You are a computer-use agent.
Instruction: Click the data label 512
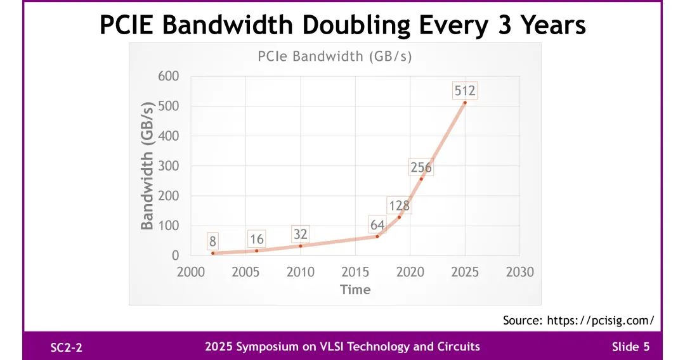(x=465, y=91)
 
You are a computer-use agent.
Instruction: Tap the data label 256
(x=421, y=168)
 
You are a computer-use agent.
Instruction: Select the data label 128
(x=399, y=206)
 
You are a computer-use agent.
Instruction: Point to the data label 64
(x=378, y=225)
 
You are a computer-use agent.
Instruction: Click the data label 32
(x=300, y=234)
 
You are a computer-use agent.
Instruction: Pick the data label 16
(x=256, y=240)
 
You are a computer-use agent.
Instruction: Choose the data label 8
(x=213, y=241)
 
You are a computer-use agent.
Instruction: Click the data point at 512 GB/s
(x=465, y=103)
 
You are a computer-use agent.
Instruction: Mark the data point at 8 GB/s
(x=213, y=253)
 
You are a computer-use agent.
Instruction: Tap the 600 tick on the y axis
(x=169, y=76)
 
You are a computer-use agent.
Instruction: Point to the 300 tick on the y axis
(x=169, y=166)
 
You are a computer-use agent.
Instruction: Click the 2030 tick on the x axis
(x=520, y=272)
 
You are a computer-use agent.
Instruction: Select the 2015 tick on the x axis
(x=355, y=272)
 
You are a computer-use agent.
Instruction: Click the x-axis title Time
(x=355, y=290)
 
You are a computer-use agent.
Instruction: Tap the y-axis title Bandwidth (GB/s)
(x=147, y=165)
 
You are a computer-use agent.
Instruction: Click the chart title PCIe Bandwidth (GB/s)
(x=334, y=56)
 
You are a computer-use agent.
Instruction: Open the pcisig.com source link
(x=600, y=320)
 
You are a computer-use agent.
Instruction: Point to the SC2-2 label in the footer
(x=67, y=347)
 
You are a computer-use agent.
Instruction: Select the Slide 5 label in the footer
(x=630, y=347)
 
